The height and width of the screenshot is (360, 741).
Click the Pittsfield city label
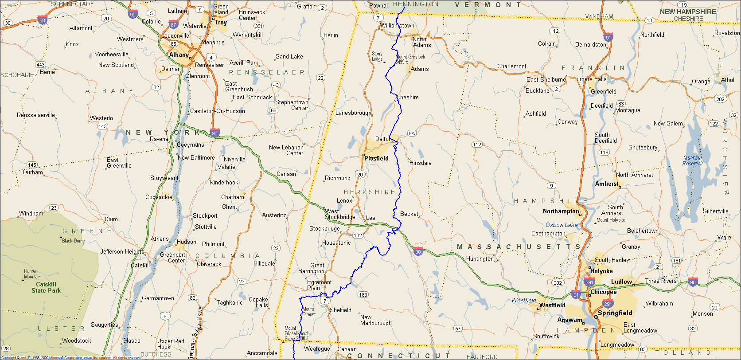[376, 158]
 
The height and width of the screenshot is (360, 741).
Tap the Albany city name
[179, 55]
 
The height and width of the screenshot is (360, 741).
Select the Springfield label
[615, 313]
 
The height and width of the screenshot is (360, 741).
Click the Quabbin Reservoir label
[693, 160]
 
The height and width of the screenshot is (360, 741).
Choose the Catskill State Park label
[46, 287]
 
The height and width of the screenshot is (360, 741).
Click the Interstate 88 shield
[42, 20]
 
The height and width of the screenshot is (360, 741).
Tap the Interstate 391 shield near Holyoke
[589, 282]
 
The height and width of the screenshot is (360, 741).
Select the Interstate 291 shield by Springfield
[608, 304]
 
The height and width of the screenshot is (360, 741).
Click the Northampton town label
[561, 211]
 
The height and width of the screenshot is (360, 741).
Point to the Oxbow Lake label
[562, 225]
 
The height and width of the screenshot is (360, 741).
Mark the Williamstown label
[397, 26]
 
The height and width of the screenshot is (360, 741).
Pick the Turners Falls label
[590, 79]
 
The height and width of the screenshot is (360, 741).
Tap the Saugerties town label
[105, 325]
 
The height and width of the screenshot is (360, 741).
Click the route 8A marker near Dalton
[411, 133]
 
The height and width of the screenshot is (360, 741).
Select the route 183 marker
[363, 294]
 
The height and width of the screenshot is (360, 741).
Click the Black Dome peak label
[73, 241]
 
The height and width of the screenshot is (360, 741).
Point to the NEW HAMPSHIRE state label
[687, 12]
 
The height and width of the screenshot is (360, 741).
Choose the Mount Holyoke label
[611, 220]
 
